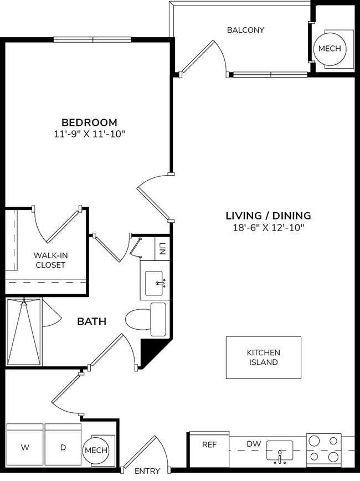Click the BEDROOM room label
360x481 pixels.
point(89,122)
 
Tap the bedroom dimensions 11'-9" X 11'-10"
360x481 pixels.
point(89,134)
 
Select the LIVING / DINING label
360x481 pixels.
point(268,216)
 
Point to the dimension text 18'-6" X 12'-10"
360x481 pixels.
point(268,227)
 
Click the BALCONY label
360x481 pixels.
point(245,30)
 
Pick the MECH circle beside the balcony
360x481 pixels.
point(331,49)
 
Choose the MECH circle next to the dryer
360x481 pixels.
point(96,450)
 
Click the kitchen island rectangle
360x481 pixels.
point(263,357)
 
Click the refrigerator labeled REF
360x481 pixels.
point(209,449)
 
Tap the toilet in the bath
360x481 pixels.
point(145,320)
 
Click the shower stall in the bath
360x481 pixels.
point(24,332)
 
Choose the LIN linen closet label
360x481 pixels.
point(162,247)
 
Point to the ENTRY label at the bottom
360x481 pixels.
point(147,471)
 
